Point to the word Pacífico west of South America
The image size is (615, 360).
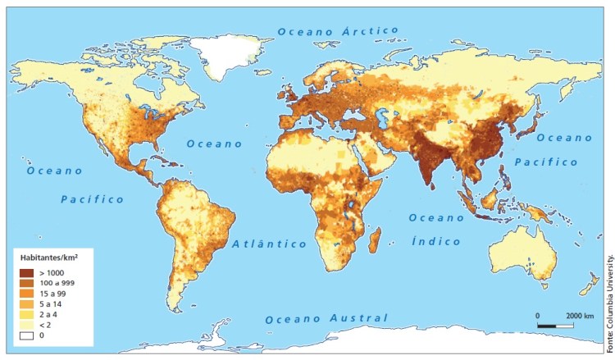click(x=93, y=199)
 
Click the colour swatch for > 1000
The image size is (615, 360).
click(x=26, y=271)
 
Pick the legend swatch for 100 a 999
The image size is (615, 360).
click(x=26, y=282)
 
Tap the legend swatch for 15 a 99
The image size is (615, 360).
click(x=26, y=293)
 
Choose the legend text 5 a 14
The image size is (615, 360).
click(x=51, y=303)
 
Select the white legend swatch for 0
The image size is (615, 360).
click(x=26, y=335)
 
